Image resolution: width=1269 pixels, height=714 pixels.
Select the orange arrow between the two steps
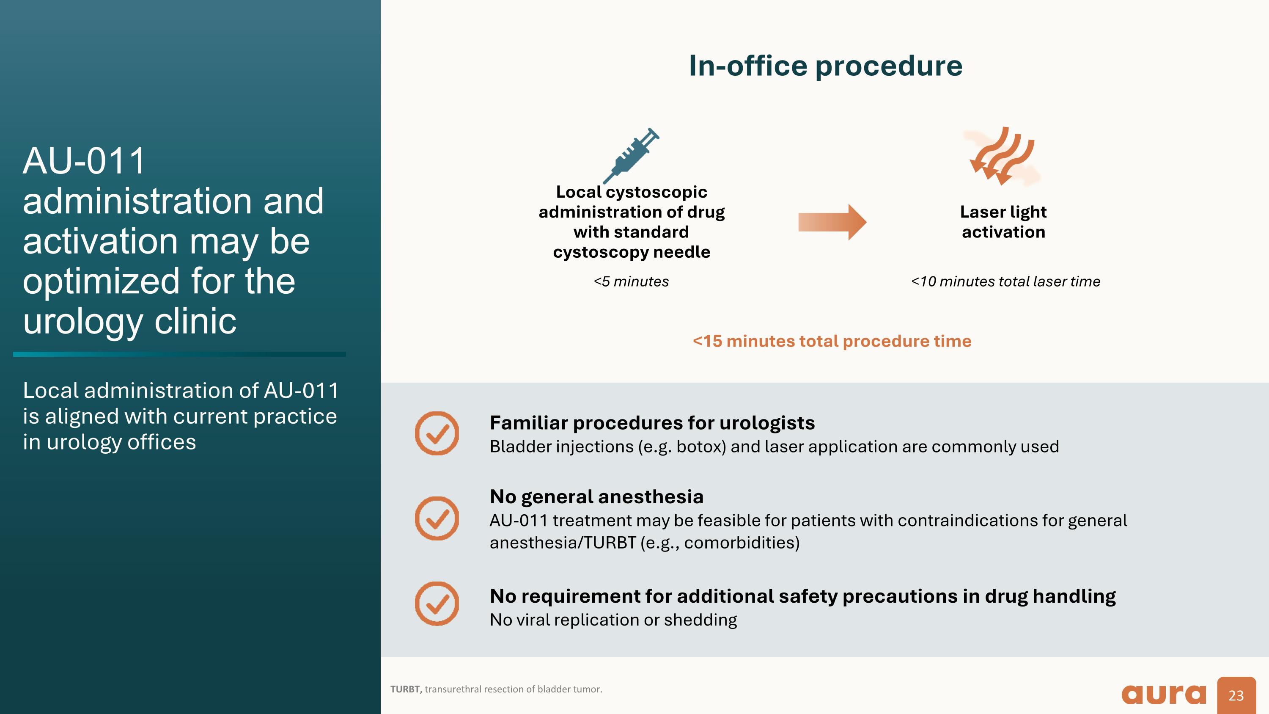tap(832, 222)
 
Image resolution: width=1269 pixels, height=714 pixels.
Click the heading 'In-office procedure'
tap(825, 66)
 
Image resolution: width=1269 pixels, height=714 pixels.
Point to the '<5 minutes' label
tap(631, 281)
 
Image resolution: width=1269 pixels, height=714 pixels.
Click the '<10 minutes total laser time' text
tap(1005, 281)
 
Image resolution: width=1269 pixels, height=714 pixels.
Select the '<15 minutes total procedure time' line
tap(832, 341)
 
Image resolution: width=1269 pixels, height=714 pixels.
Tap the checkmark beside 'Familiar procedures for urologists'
tap(437, 433)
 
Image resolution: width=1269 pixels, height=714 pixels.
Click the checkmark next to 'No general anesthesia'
tap(437, 518)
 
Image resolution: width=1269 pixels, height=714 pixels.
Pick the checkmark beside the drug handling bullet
tap(437, 604)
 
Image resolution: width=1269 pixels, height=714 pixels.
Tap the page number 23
tap(1236, 695)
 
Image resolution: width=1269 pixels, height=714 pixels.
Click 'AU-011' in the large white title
tap(84, 161)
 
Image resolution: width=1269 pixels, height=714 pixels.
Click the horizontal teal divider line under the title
tap(179, 354)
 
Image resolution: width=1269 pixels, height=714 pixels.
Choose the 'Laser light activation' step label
tap(1003, 222)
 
